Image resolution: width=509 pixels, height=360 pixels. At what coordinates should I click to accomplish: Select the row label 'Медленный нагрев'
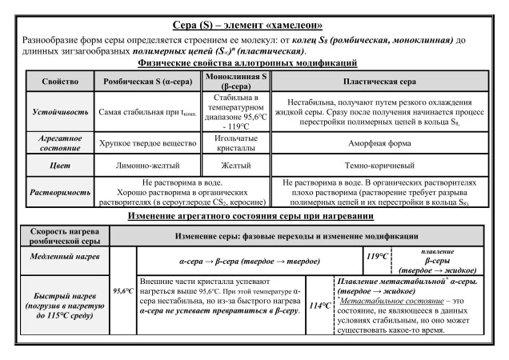59,261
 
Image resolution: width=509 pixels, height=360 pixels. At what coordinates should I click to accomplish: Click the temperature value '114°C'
319,306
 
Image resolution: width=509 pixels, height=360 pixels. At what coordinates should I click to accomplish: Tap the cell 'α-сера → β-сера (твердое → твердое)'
247,261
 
